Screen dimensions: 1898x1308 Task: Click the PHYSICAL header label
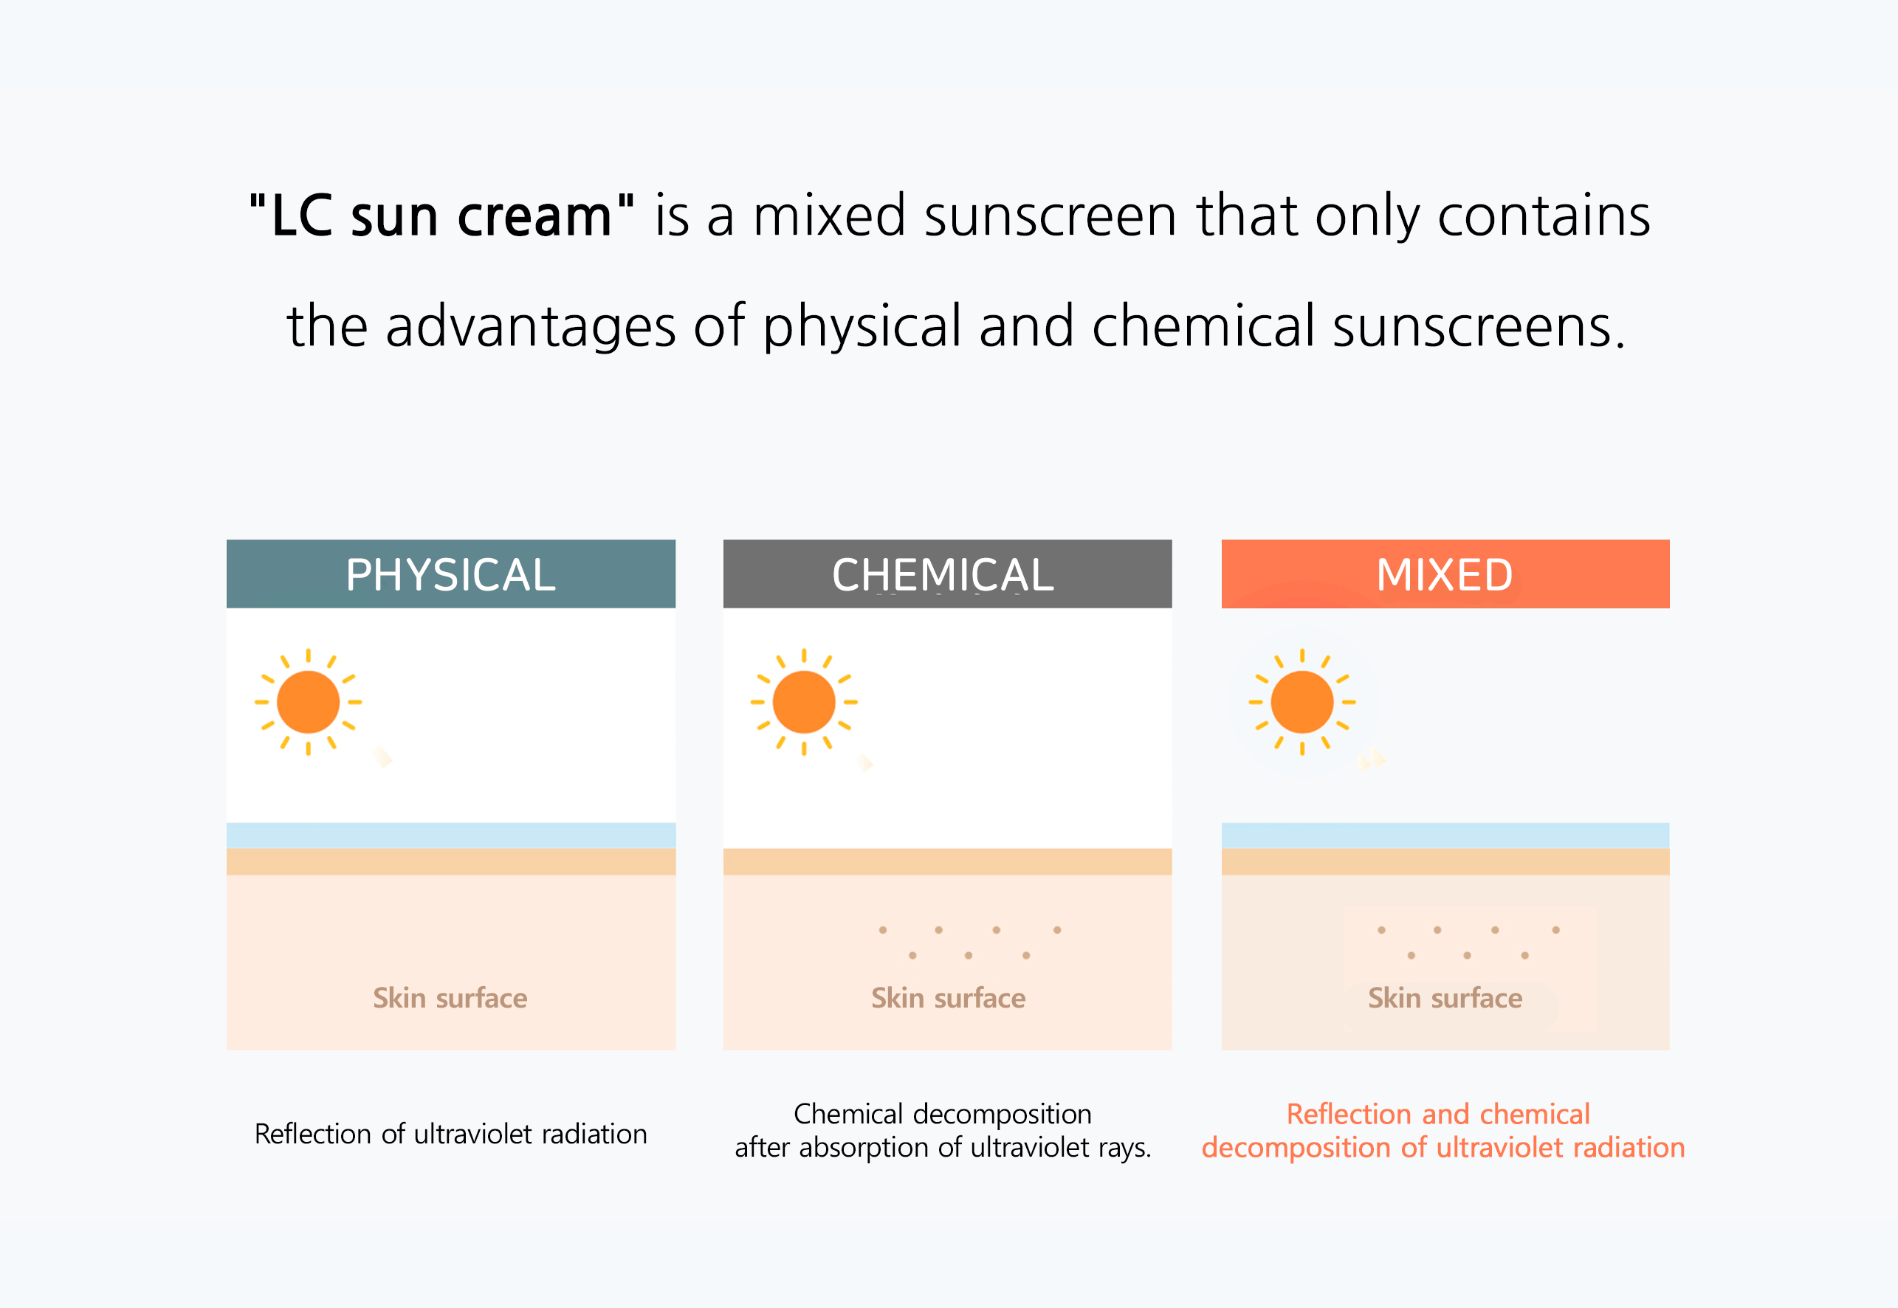click(451, 574)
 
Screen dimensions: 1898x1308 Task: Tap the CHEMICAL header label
click(943, 574)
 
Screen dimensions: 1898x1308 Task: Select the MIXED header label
click(1445, 574)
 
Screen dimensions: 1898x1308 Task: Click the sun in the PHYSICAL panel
click(308, 701)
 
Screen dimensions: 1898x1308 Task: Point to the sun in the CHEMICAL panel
click(804, 701)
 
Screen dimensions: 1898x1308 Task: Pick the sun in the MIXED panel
click(1302, 701)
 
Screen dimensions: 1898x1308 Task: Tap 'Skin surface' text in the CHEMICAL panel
click(948, 997)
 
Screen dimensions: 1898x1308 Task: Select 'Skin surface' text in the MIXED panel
click(1445, 997)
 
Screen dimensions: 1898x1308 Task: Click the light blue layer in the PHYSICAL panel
click(451, 835)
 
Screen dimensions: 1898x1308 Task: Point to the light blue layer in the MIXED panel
click(1445, 835)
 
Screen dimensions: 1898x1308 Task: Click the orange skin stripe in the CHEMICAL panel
click(947, 861)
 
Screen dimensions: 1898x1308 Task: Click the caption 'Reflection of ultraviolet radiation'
click(451, 1134)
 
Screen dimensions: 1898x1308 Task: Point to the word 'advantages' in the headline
click(531, 326)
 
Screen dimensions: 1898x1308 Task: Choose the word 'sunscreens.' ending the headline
click(1479, 326)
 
